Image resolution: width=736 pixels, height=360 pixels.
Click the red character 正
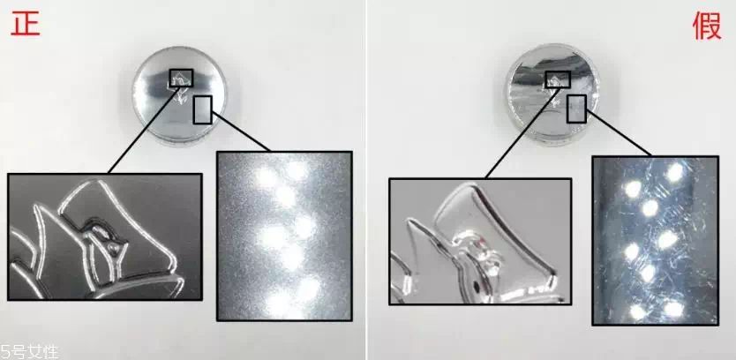pos(26,24)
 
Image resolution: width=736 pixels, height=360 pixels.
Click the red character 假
pos(707,26)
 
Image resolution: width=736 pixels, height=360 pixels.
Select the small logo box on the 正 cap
pos(181,79)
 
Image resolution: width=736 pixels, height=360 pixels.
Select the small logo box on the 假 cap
pos(558,79)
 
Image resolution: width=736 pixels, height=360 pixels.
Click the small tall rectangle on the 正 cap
pos(202,109)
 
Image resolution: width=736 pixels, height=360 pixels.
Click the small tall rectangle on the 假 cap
pos(576,109)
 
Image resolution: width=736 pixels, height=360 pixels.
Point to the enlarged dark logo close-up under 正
pos(105,236)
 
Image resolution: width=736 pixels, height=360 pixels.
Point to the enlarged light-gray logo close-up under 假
pos(480,241)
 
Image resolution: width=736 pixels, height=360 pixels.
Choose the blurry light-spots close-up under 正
pos(284,236)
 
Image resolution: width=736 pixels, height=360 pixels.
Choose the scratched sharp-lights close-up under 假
pos(655,241)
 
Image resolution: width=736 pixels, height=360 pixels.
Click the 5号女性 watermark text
pos(29,352)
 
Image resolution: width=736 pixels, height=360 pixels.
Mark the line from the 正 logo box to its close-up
pos(143,130)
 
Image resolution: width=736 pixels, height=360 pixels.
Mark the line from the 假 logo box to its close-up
pos(521,133)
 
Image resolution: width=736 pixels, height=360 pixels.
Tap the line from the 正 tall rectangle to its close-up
pos(241,131)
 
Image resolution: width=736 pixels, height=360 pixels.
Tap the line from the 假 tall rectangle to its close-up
pos(618,133)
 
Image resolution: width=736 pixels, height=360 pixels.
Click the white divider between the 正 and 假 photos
pos(366,180)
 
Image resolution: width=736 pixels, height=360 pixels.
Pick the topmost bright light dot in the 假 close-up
pos(674,172)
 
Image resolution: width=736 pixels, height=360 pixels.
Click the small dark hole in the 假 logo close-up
pos(477,284)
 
